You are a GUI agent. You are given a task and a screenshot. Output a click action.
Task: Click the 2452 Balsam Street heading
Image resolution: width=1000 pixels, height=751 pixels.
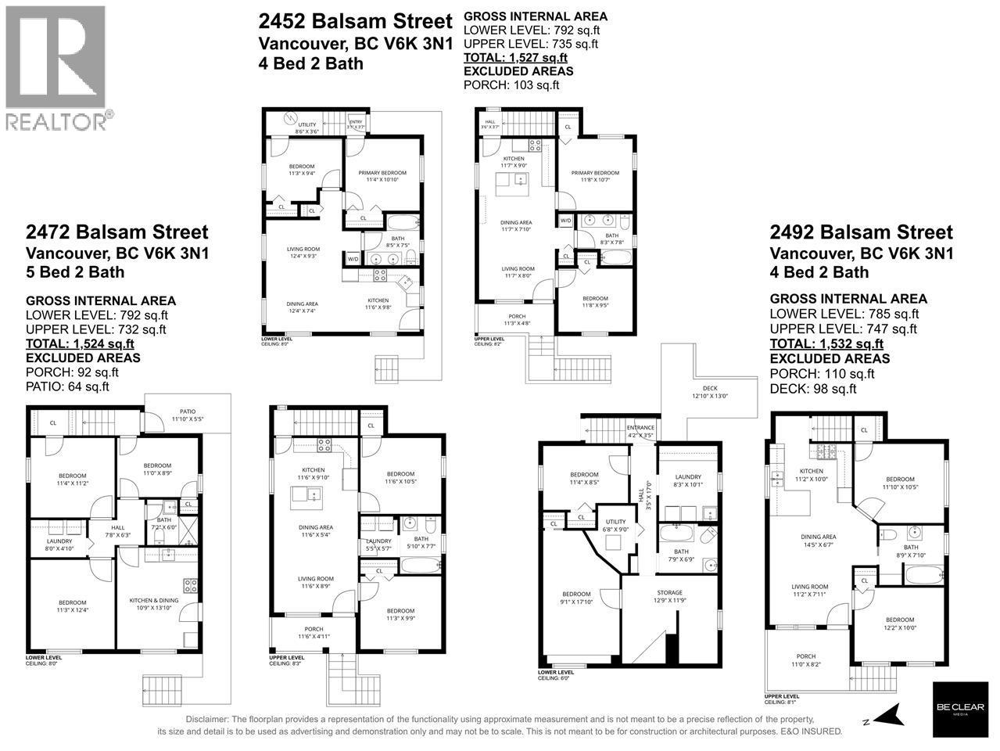355,21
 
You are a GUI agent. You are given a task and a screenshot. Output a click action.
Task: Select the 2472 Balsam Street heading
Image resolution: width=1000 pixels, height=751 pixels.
116,232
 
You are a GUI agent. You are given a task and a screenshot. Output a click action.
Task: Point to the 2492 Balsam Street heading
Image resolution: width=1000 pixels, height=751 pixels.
861,232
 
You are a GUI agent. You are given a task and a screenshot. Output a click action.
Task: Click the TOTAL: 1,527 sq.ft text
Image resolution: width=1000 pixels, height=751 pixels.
515,57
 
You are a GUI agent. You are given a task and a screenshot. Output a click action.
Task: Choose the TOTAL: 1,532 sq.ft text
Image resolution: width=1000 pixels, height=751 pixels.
826,343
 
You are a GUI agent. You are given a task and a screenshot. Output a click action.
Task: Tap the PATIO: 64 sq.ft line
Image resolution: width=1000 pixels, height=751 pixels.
67,386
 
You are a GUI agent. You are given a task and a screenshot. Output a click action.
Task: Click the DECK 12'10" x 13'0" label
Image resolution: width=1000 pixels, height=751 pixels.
709,391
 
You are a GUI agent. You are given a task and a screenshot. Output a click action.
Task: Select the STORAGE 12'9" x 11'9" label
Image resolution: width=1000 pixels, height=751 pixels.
669,597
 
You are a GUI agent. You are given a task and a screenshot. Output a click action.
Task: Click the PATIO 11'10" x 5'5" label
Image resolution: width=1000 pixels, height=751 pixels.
187,415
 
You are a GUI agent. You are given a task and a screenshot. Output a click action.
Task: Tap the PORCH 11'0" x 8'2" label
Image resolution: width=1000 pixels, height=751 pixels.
805,660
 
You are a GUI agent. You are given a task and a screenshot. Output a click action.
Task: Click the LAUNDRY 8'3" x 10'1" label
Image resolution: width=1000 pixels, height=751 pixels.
688,481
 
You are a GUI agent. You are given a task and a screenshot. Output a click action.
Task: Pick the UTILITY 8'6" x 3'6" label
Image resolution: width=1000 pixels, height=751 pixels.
306,128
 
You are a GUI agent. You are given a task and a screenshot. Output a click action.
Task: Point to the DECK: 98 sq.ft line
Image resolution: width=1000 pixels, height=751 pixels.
813,389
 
